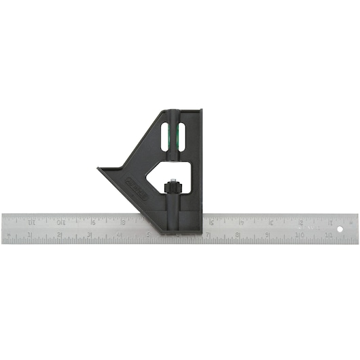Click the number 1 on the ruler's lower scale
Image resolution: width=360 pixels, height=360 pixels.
click(30, 236)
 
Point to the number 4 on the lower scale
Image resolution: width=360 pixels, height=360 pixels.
click(120, 236)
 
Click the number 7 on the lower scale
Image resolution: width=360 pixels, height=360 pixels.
click(209, 236)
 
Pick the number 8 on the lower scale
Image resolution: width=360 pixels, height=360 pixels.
click(238, 236)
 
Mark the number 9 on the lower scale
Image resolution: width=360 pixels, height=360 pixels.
click(268, 236)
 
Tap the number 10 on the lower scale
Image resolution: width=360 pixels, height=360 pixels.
click(298, 236)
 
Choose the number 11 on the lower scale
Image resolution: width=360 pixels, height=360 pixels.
click(327, 236)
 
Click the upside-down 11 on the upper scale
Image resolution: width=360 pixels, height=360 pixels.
click(31, 221)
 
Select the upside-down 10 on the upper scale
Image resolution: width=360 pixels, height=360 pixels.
click(61, 221)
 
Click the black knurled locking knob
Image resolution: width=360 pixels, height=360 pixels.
click(173, 185)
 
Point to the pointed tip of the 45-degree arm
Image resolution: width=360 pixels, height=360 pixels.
click(99, 169)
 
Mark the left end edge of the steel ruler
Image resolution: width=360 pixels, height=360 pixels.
click(2, 229)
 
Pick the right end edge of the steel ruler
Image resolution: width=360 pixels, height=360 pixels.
click(357, 229)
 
